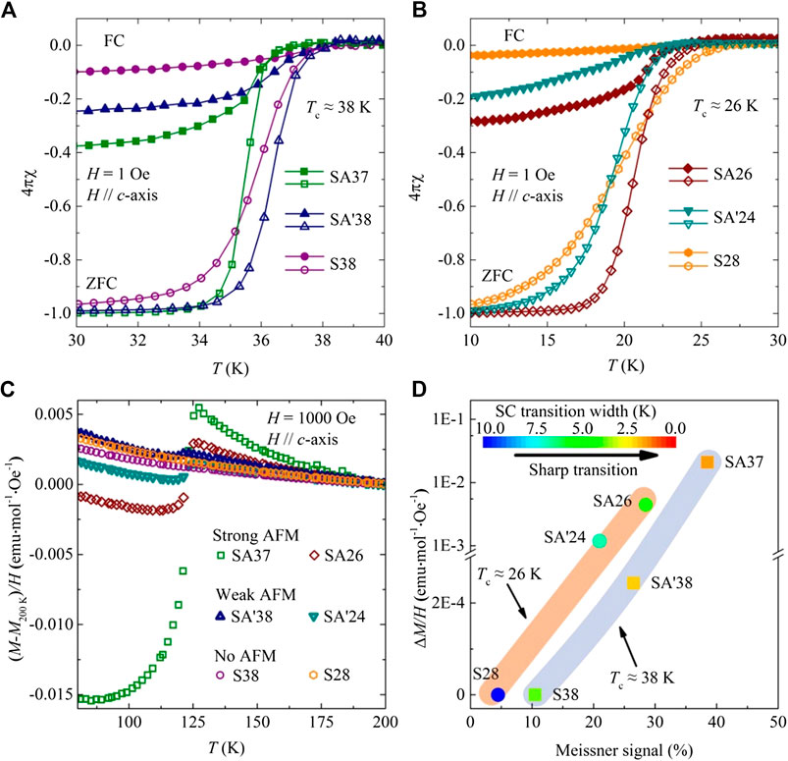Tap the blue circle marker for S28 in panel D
tap(498, 694)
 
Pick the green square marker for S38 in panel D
tap(535, 694)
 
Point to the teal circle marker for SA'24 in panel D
tap(600, 541)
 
